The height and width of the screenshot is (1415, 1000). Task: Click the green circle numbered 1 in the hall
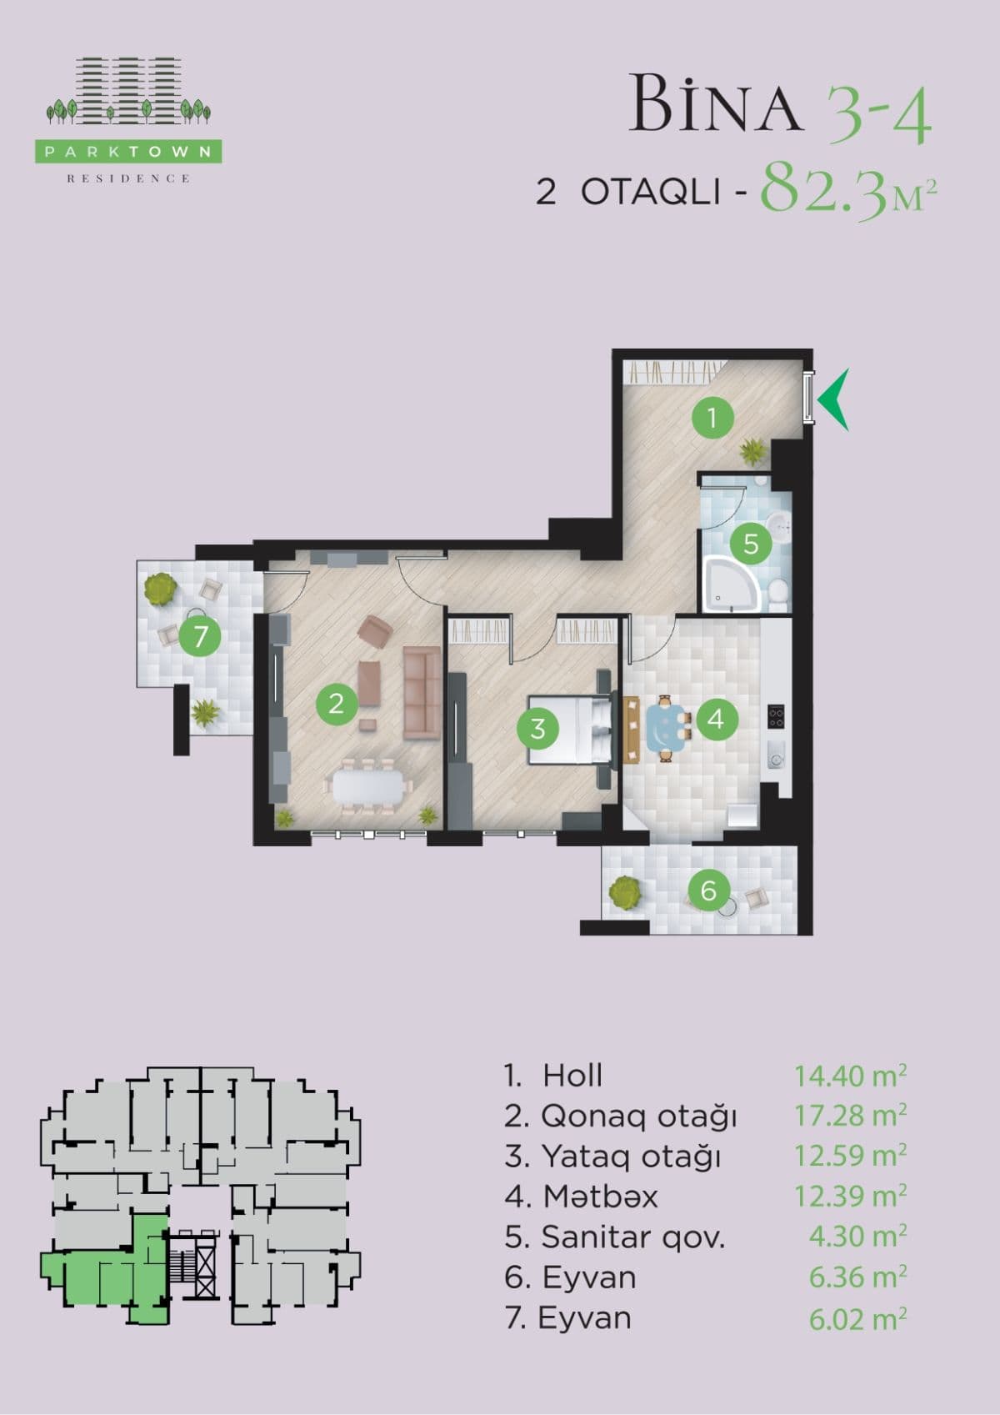coord(712,417)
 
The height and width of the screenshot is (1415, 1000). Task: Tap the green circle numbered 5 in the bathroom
coord(751,544)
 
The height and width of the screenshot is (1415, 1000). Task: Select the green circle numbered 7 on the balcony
coord(200,637)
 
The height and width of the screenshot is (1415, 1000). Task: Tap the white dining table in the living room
coord(367,785)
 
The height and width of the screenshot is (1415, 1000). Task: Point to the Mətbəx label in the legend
coord(600,1197)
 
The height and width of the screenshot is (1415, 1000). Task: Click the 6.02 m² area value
coord(857,1318)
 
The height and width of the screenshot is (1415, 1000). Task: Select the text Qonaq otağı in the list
coord(638,1116)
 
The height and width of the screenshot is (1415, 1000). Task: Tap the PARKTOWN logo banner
coord(129,152)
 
